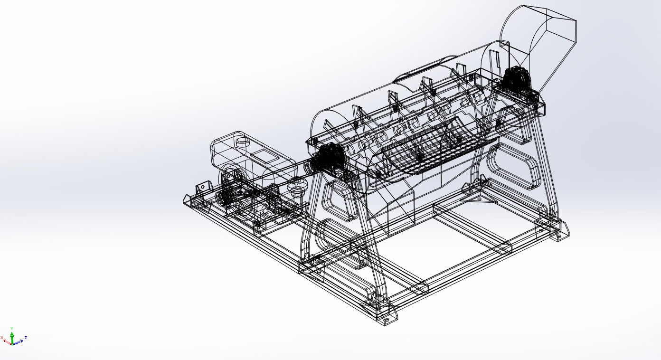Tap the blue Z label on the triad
coord(26,338)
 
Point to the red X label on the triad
coord(2,338)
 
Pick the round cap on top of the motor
coord(243,141)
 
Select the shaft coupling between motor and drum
coord(298,186)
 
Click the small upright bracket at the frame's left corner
coord(203,187)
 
